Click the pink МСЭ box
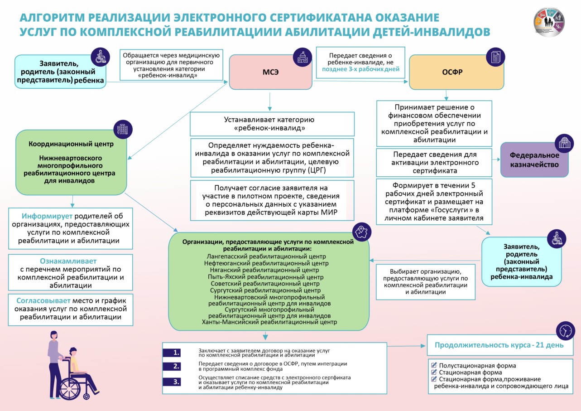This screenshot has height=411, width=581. tap(270, 72)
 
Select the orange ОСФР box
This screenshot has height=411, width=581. tap(456, 72)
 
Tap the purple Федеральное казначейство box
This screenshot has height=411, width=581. tap(534, 160)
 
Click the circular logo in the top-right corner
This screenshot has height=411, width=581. tap(549, 22)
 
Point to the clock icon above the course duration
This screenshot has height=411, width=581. tap(566, 331)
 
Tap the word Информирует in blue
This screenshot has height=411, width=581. tap(47, 216)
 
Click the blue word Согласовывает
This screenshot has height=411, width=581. tap(43, 300)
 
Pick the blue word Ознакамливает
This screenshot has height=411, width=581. tap(68, 261)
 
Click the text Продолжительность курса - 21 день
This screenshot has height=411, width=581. tap(499, 345)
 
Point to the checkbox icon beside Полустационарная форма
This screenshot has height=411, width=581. tap(434, 365)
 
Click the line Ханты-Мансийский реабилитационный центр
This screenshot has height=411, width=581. tap(269, 322)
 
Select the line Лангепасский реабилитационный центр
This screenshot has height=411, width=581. tap(266, 256)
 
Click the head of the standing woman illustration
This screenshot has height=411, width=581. tap(54, 335)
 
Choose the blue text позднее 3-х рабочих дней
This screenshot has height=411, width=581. tap(360, 69)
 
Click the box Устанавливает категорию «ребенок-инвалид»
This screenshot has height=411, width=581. tap(272, 124)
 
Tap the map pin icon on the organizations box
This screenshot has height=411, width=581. tap(361, 232)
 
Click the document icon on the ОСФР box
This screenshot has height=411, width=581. tap(495, 57)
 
